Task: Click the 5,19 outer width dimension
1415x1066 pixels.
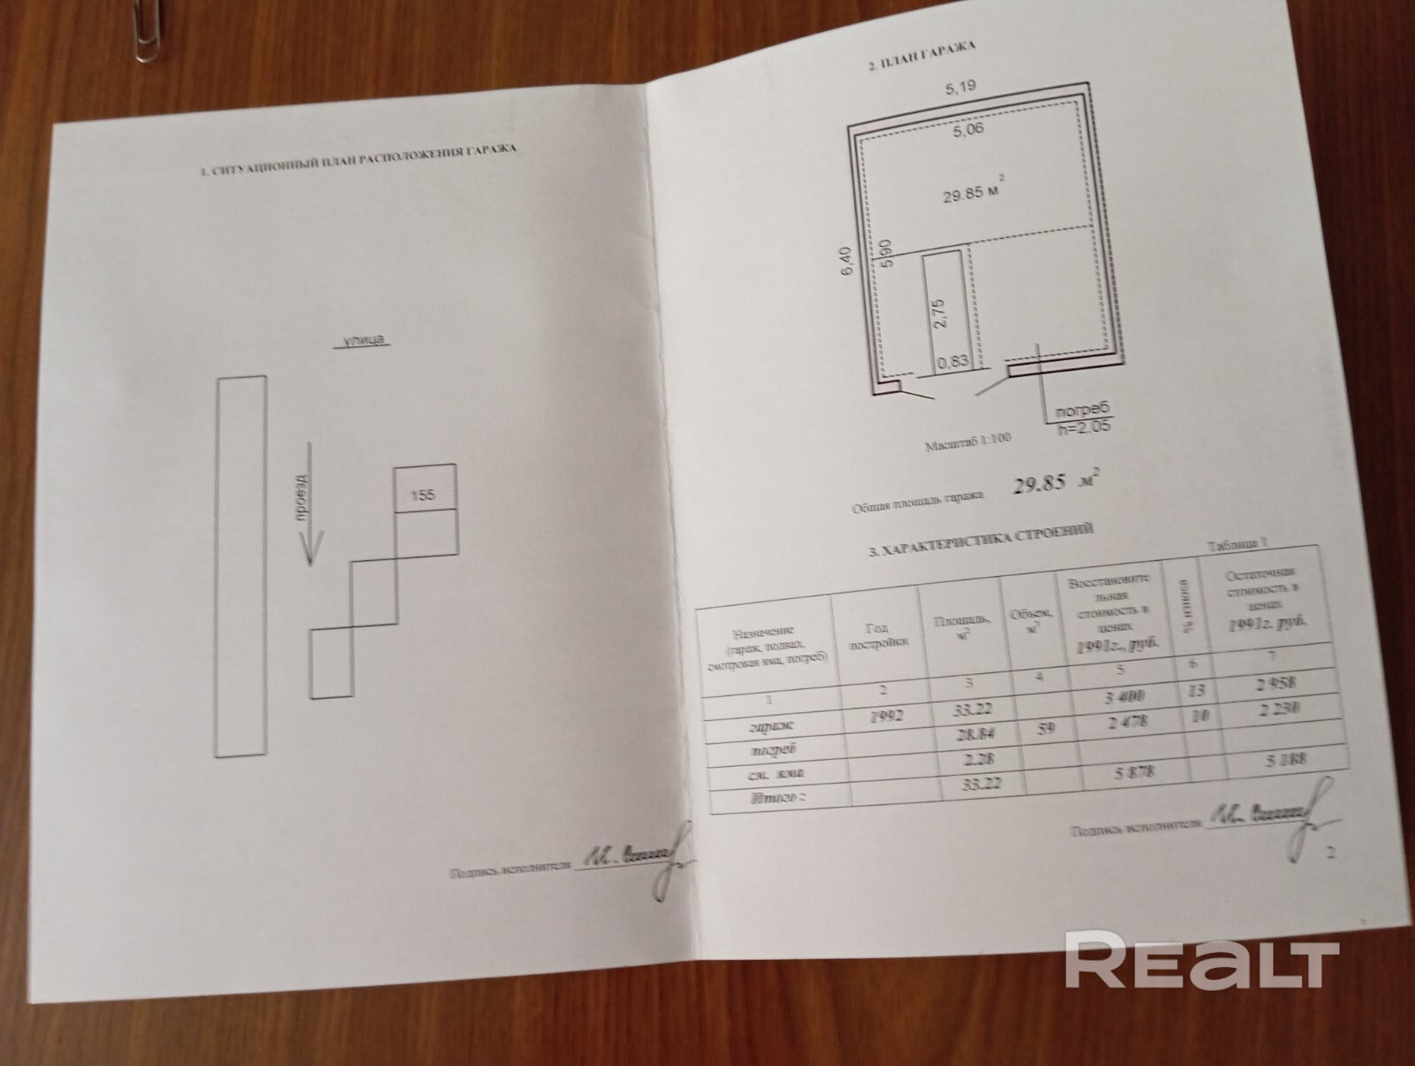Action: [959, 88]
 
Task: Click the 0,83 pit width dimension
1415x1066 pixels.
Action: [951, 361]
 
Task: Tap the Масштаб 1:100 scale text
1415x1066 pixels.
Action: [968, 441]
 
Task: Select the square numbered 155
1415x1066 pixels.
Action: [424, 495]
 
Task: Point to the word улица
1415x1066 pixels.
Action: [361, 341]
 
